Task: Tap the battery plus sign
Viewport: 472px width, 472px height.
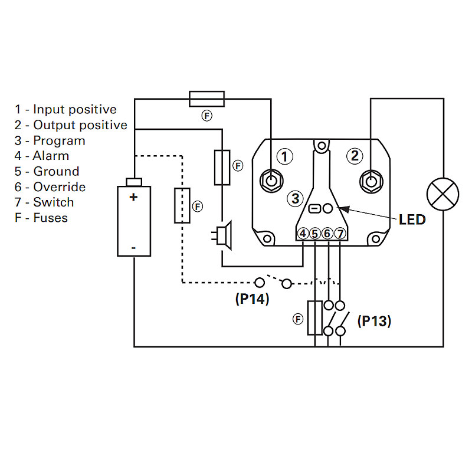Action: [x=133, y=197]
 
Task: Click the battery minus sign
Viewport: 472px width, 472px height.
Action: [x=133, y=248]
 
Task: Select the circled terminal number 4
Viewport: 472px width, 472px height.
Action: [x=303, y=234]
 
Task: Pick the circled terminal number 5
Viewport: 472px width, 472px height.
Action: [x=315, y=234]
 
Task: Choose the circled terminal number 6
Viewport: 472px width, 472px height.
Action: [x=327, y=234]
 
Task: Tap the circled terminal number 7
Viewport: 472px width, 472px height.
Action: [x=340, y=234]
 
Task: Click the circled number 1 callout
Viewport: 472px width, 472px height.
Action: [x=285, y=156]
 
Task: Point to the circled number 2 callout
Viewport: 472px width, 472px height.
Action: [x=355, y=156]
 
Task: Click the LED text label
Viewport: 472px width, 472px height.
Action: [x=412, y=220]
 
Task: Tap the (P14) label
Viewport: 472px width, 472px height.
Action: [x=252, y=299]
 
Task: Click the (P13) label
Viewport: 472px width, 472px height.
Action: [x=374, y=322]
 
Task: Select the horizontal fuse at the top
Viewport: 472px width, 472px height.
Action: [x=206, y=99]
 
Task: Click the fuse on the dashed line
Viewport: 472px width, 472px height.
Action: [x=182, y=205]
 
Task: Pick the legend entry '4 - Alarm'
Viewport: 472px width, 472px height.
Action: [x=42, y=156]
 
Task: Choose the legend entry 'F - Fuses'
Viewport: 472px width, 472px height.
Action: [x=41, y=218]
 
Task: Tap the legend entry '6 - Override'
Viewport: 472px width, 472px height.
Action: [x=50, y=187]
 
